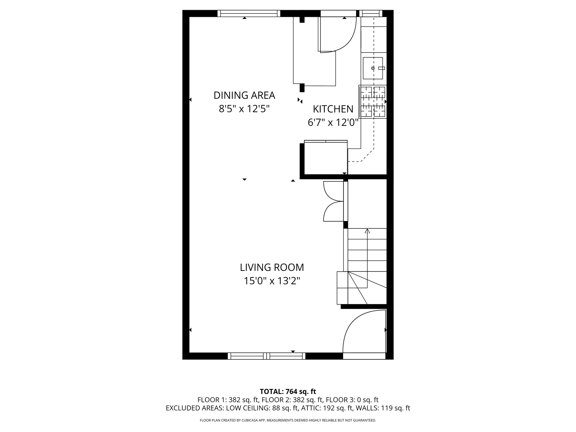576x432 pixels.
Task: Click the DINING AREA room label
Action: [x=244, y=95]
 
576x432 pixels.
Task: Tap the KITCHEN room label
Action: [x=333, y=109]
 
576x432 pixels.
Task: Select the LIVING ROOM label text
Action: [x=272, y=267]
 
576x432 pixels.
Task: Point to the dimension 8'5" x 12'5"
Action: [x=244, y=109]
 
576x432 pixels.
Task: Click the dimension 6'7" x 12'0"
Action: [x=333, y=123]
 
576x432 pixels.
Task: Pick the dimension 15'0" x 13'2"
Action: [x=272, y=281]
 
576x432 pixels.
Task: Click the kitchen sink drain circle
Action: [x=373, y=68]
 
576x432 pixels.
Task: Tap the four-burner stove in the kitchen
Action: [x=373, y=102]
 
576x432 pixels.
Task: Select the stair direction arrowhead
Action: [x=367, y=231]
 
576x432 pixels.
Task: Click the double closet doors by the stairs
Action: [x=333, y=201]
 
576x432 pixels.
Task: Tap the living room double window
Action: [x=266, y=356]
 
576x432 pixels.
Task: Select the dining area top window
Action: [x=249, y=13]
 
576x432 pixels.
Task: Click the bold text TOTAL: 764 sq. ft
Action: [x=288, y=391]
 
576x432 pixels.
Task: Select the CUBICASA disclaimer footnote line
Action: [x=288, y=420]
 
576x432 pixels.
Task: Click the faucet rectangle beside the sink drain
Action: [x=381, y=68]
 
